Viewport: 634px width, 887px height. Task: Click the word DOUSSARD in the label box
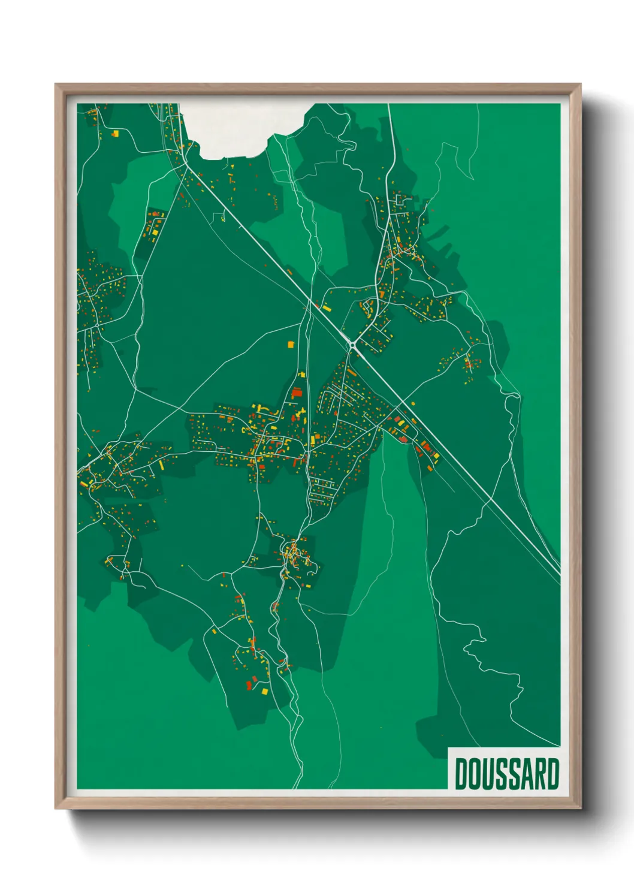(x=506, y=774)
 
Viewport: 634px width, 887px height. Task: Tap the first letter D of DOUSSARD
(x=461, y=774)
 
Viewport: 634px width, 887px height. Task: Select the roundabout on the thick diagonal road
(x=352, y=344)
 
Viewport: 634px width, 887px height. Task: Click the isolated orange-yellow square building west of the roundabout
(x=292, y=345)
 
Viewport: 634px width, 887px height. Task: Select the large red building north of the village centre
(x=295, y=393)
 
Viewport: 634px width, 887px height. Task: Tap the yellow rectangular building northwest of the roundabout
(x=327, y=308)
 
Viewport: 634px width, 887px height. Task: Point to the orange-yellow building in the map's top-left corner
(x=114, y=134)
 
